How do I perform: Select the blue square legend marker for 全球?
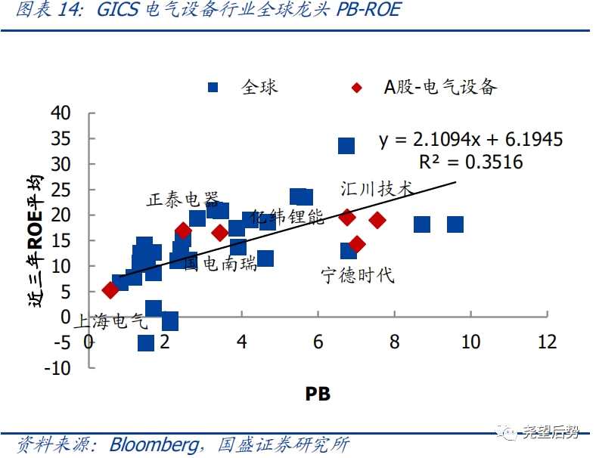(x=213, y=87)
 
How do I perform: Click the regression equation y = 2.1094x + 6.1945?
(x=470, y=140)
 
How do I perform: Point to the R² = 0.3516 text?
(x=470, y=162)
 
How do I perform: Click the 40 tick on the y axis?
(x=61, y=113)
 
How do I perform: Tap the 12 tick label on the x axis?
(x=547, y=342)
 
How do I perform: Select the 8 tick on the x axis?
(x=394, y=342)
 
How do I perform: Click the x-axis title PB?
(x=318, y=393)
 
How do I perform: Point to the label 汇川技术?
(x=377, y=188)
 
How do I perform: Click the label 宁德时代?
(x=358, y=274)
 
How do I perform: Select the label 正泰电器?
(x=182, y=199)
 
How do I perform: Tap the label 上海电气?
(x=110, y=321)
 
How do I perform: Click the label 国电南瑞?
(x=221, y=264)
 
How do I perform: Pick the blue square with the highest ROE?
(x=346, y=145)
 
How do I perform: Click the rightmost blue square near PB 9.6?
(x=455, y=224)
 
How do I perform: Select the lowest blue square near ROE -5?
(x=146, y=342)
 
